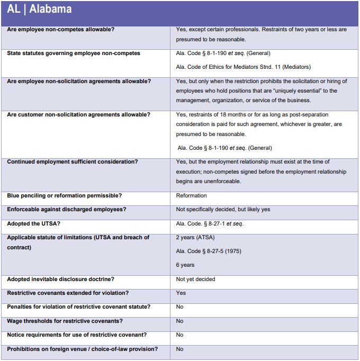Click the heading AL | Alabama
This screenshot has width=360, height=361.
point(40,10)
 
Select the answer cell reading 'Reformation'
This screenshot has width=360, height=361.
point(191,196)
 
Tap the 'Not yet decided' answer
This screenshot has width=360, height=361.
point(195,279)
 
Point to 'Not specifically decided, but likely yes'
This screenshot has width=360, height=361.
point(223,210)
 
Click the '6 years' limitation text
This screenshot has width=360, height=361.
point(185,265)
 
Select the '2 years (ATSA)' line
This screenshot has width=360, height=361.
point(195,237)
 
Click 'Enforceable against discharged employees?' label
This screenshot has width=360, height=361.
point(66,210)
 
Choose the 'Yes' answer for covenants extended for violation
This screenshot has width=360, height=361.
point(181,293)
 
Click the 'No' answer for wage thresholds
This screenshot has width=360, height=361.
point(180,321)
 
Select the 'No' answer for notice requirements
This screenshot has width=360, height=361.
point(180,335)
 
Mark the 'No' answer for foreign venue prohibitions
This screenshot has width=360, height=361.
point(180,349)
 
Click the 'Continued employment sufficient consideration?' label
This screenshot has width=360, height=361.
point(72,161)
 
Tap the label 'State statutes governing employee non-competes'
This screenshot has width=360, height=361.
point(74,53)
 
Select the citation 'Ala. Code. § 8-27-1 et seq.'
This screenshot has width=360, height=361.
point(210,223)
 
